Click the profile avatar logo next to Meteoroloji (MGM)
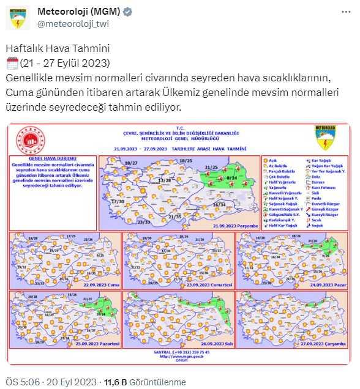click(19, 18)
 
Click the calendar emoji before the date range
click(12, 63)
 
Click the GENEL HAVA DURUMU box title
click(54, 158)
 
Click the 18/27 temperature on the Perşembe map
click(130, 163)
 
